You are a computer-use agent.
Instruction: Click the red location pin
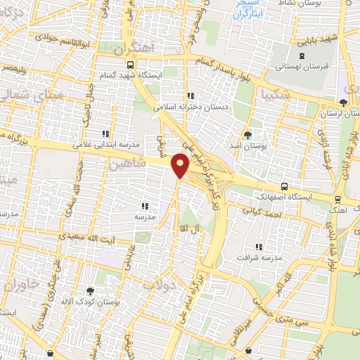[181, 165]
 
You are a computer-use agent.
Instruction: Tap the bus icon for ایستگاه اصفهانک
[284, 186]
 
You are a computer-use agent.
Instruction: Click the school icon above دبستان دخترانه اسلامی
[190, 96]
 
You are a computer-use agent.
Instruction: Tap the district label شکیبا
[275, 94]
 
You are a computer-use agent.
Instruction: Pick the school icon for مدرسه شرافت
[258, 247]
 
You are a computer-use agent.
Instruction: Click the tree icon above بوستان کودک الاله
[89, 290]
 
